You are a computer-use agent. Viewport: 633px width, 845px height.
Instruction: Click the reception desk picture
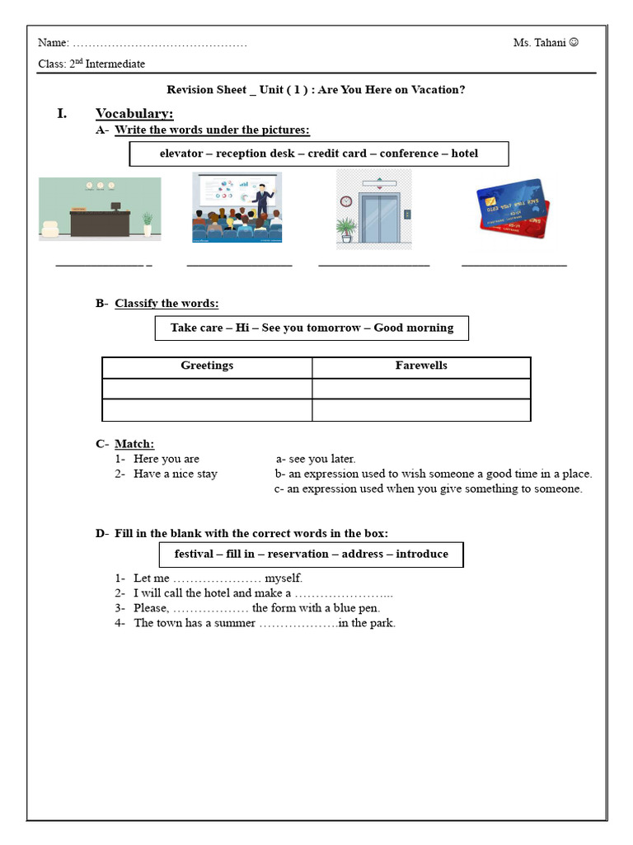point(100,209)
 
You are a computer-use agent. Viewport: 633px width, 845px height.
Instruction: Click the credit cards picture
point(512,208)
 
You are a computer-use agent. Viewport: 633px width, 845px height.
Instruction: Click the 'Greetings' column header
point(207,366)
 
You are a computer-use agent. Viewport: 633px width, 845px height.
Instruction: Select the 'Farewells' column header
point(421,366)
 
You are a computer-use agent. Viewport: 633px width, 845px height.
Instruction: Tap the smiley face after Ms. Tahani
point(574,43)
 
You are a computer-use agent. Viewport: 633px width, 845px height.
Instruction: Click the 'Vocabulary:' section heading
point(134,113)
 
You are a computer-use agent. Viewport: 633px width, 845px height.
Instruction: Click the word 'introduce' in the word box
point(422,554)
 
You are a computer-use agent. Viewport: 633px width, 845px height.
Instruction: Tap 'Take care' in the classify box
point(196,328)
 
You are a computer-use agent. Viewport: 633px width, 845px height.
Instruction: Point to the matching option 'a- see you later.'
point(316,459)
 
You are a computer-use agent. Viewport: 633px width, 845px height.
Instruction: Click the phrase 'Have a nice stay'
point(175,474)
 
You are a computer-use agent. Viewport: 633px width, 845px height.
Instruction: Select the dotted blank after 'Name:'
point(159,44)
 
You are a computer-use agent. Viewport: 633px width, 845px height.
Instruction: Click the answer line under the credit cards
point(513,266)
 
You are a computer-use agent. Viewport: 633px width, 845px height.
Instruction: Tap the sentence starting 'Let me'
point(218,578)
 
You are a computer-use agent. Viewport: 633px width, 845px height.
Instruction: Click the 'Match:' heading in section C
point(134,444)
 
